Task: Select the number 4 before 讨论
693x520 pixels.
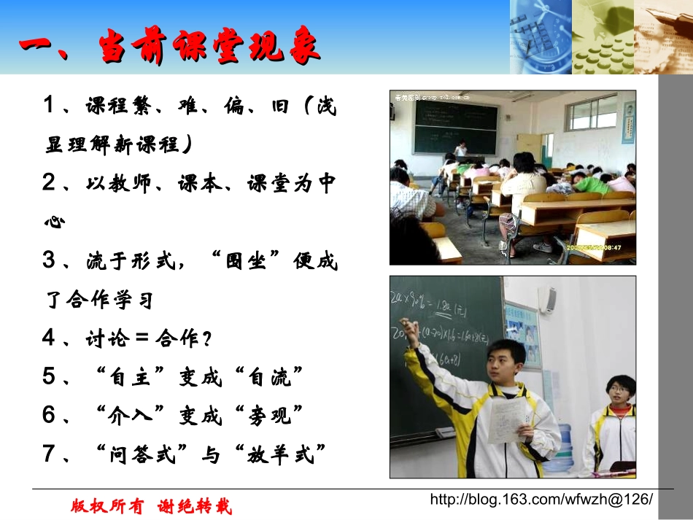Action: [x=50, y=337]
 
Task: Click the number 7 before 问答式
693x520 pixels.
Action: [x=50, y=454]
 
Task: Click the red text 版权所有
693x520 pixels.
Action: [x=107, y=505]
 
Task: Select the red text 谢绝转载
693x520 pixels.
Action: [x=195, y=505]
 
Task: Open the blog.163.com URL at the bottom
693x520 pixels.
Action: [x=541, y=500]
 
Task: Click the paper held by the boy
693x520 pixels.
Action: [x=508, y=422]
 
